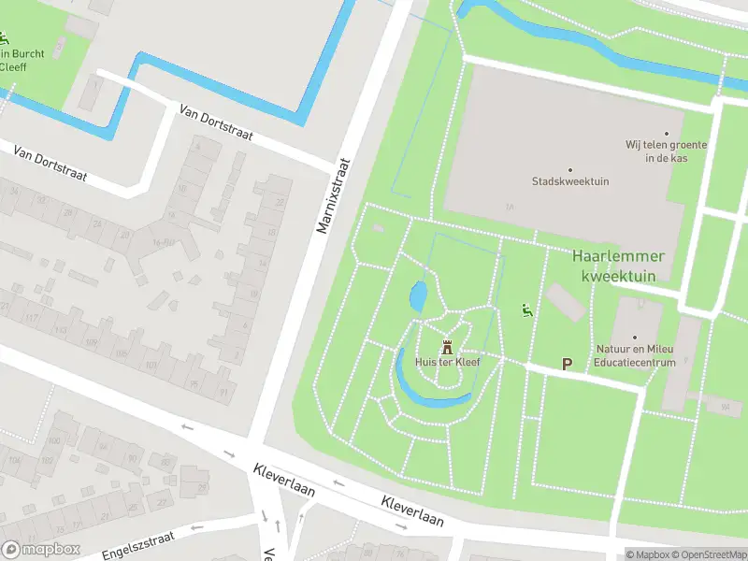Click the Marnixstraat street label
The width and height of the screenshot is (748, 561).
[x=332, y=195]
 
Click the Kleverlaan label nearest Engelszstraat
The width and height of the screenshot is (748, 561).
[x=283, y=479]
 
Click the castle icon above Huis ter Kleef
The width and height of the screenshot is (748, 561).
[x=446, y=345]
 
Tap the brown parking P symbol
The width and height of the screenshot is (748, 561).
[x=567, y=363]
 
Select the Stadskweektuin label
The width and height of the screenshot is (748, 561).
[x=570, y=181]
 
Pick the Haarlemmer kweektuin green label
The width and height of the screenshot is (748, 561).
[x=618, y=266]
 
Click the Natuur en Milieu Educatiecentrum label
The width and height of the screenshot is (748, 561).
[x=635, y=355]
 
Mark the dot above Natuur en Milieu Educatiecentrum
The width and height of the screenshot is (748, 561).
[x=635, y=337]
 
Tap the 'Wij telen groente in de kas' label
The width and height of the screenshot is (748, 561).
[x=667, y=151]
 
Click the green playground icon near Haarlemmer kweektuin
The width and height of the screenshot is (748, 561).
[x=526, y=310]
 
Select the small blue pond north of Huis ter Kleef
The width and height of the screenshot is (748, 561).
[x=419, y=297]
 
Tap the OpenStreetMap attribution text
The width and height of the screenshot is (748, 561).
[x=709, y=554]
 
